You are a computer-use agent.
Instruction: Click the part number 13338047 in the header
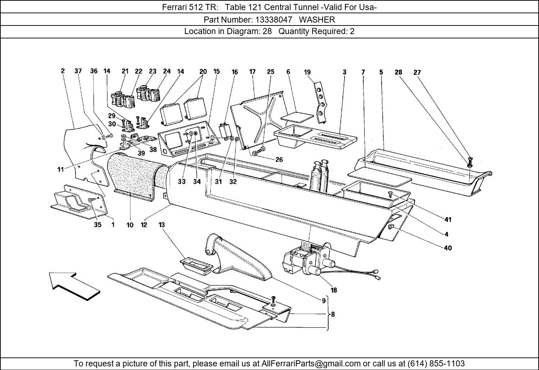[x=273, y=20]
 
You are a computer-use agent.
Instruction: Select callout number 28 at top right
[x=398, y=72]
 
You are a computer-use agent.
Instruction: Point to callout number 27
[x=417, y=72]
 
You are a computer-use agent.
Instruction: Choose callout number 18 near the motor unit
[x=334, y=290]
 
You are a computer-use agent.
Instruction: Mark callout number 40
[x=448, y=248]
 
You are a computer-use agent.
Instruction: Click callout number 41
[x=448, y=220]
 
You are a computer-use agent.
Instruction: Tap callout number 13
[x=162, y=225]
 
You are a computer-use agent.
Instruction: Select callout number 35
[x=97, y=225]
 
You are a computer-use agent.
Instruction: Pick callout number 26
[x=279, y=160]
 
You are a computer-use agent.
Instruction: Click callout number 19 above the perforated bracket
[x=307, y=72]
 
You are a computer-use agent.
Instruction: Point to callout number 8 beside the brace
[x=333, y=314]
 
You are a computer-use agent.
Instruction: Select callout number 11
[x=60, y=169]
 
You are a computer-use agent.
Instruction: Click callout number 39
[x=141, y=153]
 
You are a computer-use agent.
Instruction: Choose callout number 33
[x=181, y=182]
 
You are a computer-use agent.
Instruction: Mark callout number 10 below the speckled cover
[x=130, y=225]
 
